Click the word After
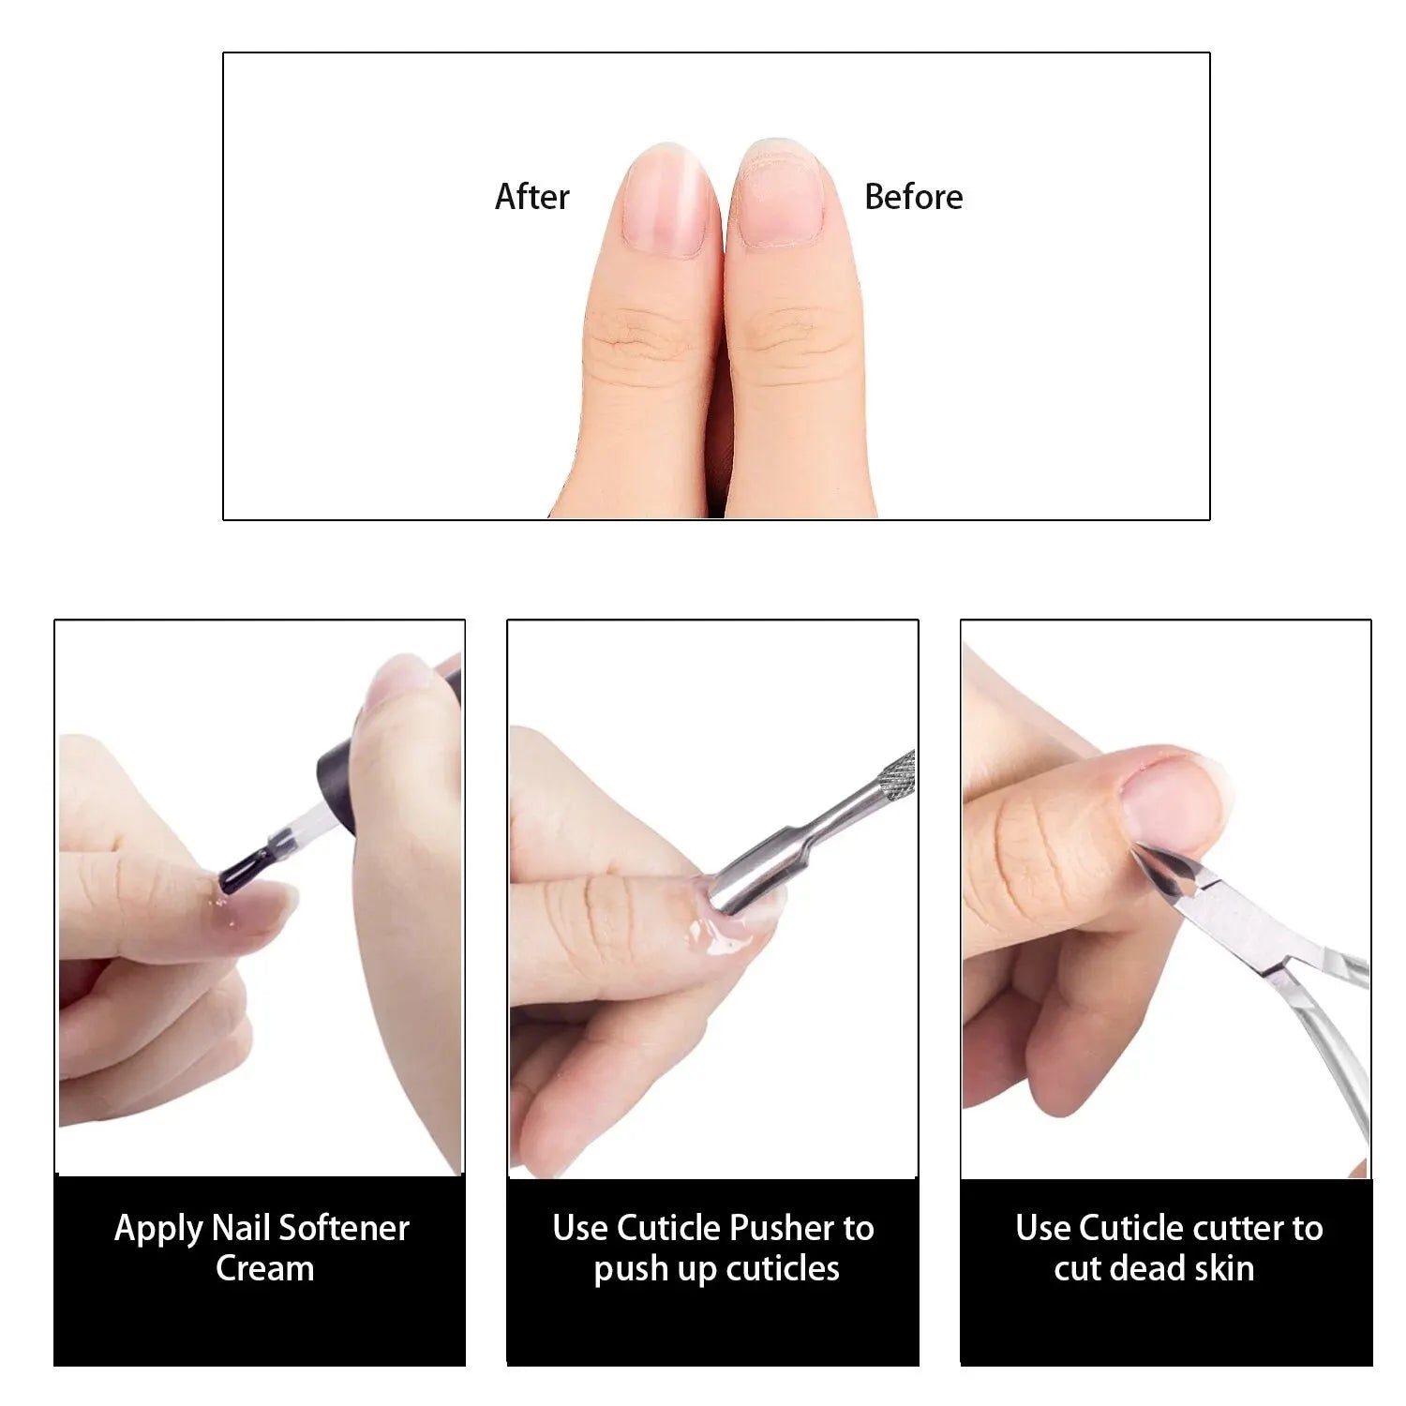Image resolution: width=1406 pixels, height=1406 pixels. tap(531, 197)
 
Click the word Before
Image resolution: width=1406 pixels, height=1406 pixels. tap(913, 197)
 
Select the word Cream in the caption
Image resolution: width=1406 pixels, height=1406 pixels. tap(264, 1269)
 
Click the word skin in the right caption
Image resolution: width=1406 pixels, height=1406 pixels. tap(1223, 1269)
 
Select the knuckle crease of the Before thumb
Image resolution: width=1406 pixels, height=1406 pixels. tap(792, 337)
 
